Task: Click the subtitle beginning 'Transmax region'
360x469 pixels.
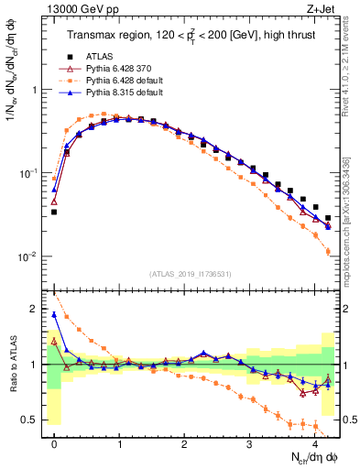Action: tap(189, 36)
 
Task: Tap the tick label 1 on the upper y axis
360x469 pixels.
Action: tap(36, 91)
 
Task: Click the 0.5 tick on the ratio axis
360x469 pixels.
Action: tap(32, 420)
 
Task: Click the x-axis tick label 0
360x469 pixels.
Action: tap(55, 444)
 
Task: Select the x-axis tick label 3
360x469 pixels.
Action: tap(250, 444)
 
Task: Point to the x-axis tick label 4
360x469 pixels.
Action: tap(315, 444)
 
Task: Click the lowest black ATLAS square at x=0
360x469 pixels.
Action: tap(54, 212)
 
